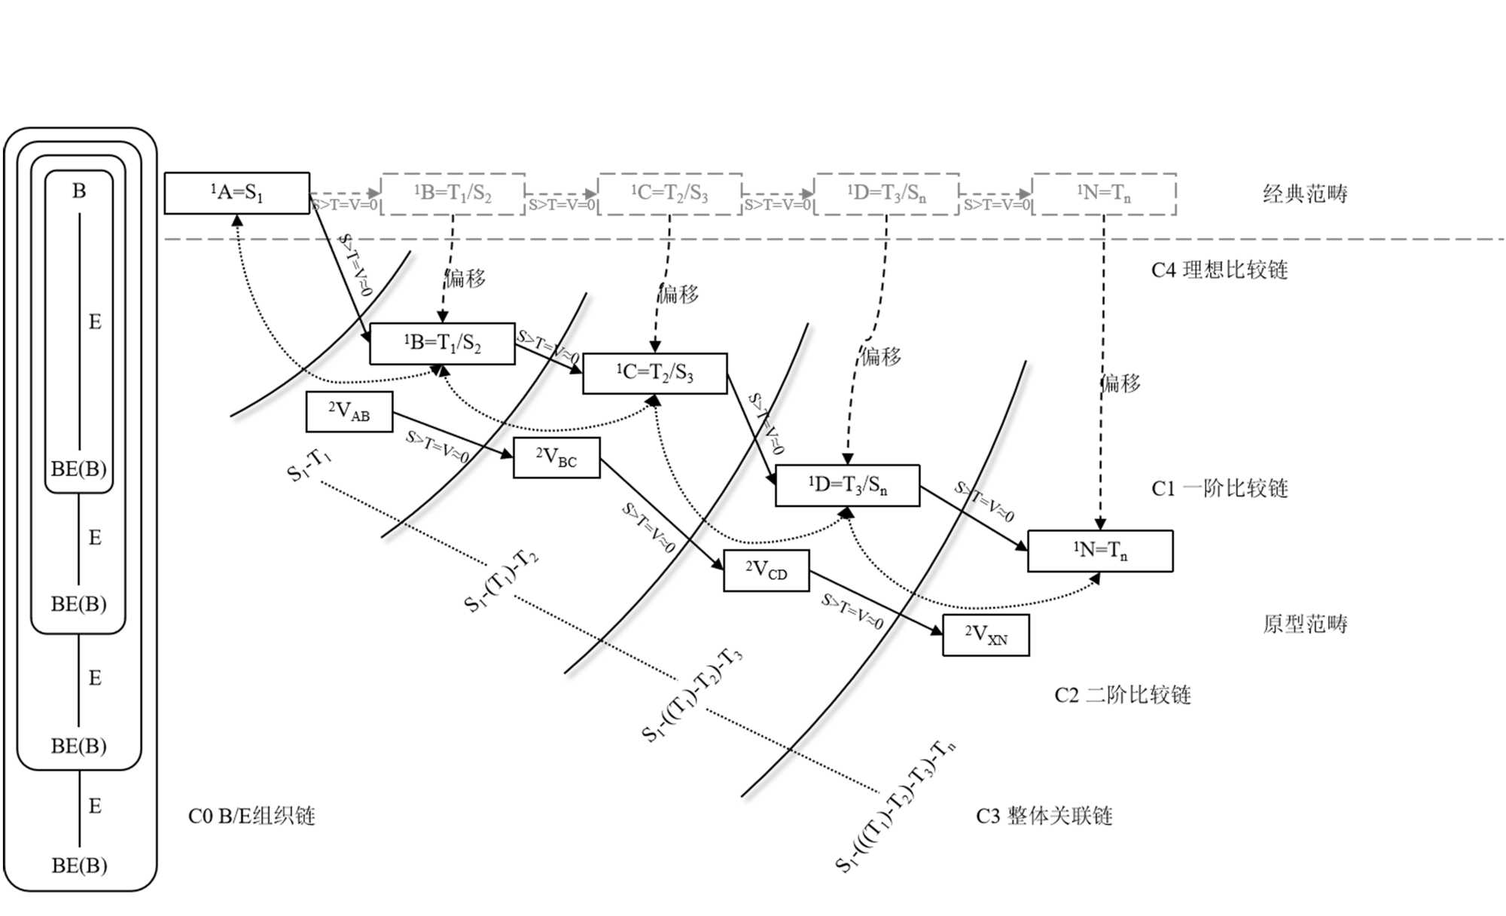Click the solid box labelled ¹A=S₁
coord(236,194)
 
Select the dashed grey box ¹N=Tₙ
coord(1103,194)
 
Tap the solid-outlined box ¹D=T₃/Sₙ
coord(847,485)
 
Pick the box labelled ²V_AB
coord(349,411)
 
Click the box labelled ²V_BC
coord(556,457)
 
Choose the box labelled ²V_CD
coord(766,570)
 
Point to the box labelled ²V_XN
coord(986,635)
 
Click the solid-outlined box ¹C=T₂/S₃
coord(654,373)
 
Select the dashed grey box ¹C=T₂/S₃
coord(669,194)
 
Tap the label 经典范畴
coord(1305,194)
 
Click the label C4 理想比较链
coord(1219,270)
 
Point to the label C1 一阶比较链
coord(1219,488)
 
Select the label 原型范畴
coord(1305,624)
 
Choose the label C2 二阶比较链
coord(1122,695)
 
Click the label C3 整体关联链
coord(1044,816)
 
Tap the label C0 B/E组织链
coord(252,816)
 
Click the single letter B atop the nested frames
coord(79,191)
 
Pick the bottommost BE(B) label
coord(79,866)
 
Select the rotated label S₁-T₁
coord(309,465)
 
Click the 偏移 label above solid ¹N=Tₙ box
coord(1120,383)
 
